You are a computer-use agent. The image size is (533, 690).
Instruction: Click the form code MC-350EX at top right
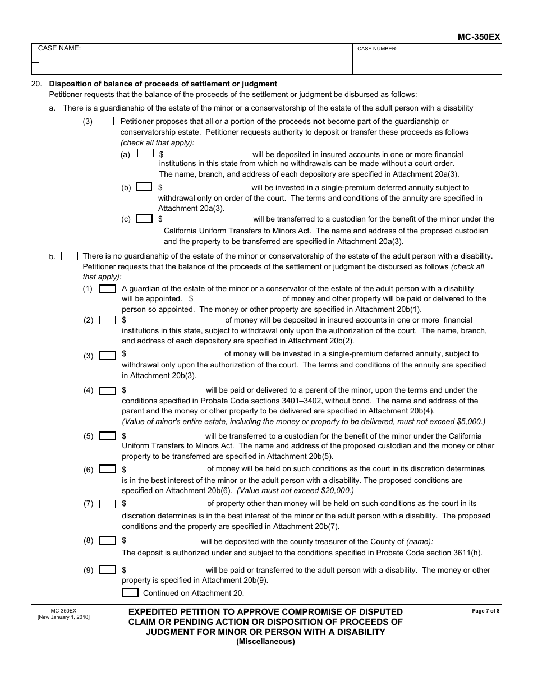(479, 37)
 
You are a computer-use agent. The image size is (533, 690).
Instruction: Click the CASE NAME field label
(59, 48)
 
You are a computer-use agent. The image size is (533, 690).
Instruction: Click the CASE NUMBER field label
(377, 49)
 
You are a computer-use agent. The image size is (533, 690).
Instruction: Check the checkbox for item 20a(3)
(105, 121)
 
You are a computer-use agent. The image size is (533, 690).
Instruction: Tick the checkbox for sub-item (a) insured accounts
(145, 153)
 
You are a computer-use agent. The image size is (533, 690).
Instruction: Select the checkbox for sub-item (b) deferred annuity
(144, 187)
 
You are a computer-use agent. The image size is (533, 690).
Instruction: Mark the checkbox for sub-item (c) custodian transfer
(144, 219)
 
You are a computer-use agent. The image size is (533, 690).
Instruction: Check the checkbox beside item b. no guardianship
(70, 256)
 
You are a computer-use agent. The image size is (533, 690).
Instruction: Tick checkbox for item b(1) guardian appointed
(107, 289)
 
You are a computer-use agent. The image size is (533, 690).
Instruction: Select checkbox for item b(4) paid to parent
(107, 391)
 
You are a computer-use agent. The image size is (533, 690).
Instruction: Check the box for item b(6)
(107, 470)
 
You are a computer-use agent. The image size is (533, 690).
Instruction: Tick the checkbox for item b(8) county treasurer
(107, 541)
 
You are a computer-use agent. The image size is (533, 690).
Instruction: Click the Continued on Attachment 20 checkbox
(130, 592)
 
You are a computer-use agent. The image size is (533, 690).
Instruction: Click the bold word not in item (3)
(319, 121)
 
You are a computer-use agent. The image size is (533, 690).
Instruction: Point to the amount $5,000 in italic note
(469, 421)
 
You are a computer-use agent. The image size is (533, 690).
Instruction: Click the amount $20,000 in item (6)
(334, 490)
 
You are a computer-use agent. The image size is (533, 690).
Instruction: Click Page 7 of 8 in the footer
(485, 611)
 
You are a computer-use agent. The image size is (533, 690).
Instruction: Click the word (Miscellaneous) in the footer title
(265, 642)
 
